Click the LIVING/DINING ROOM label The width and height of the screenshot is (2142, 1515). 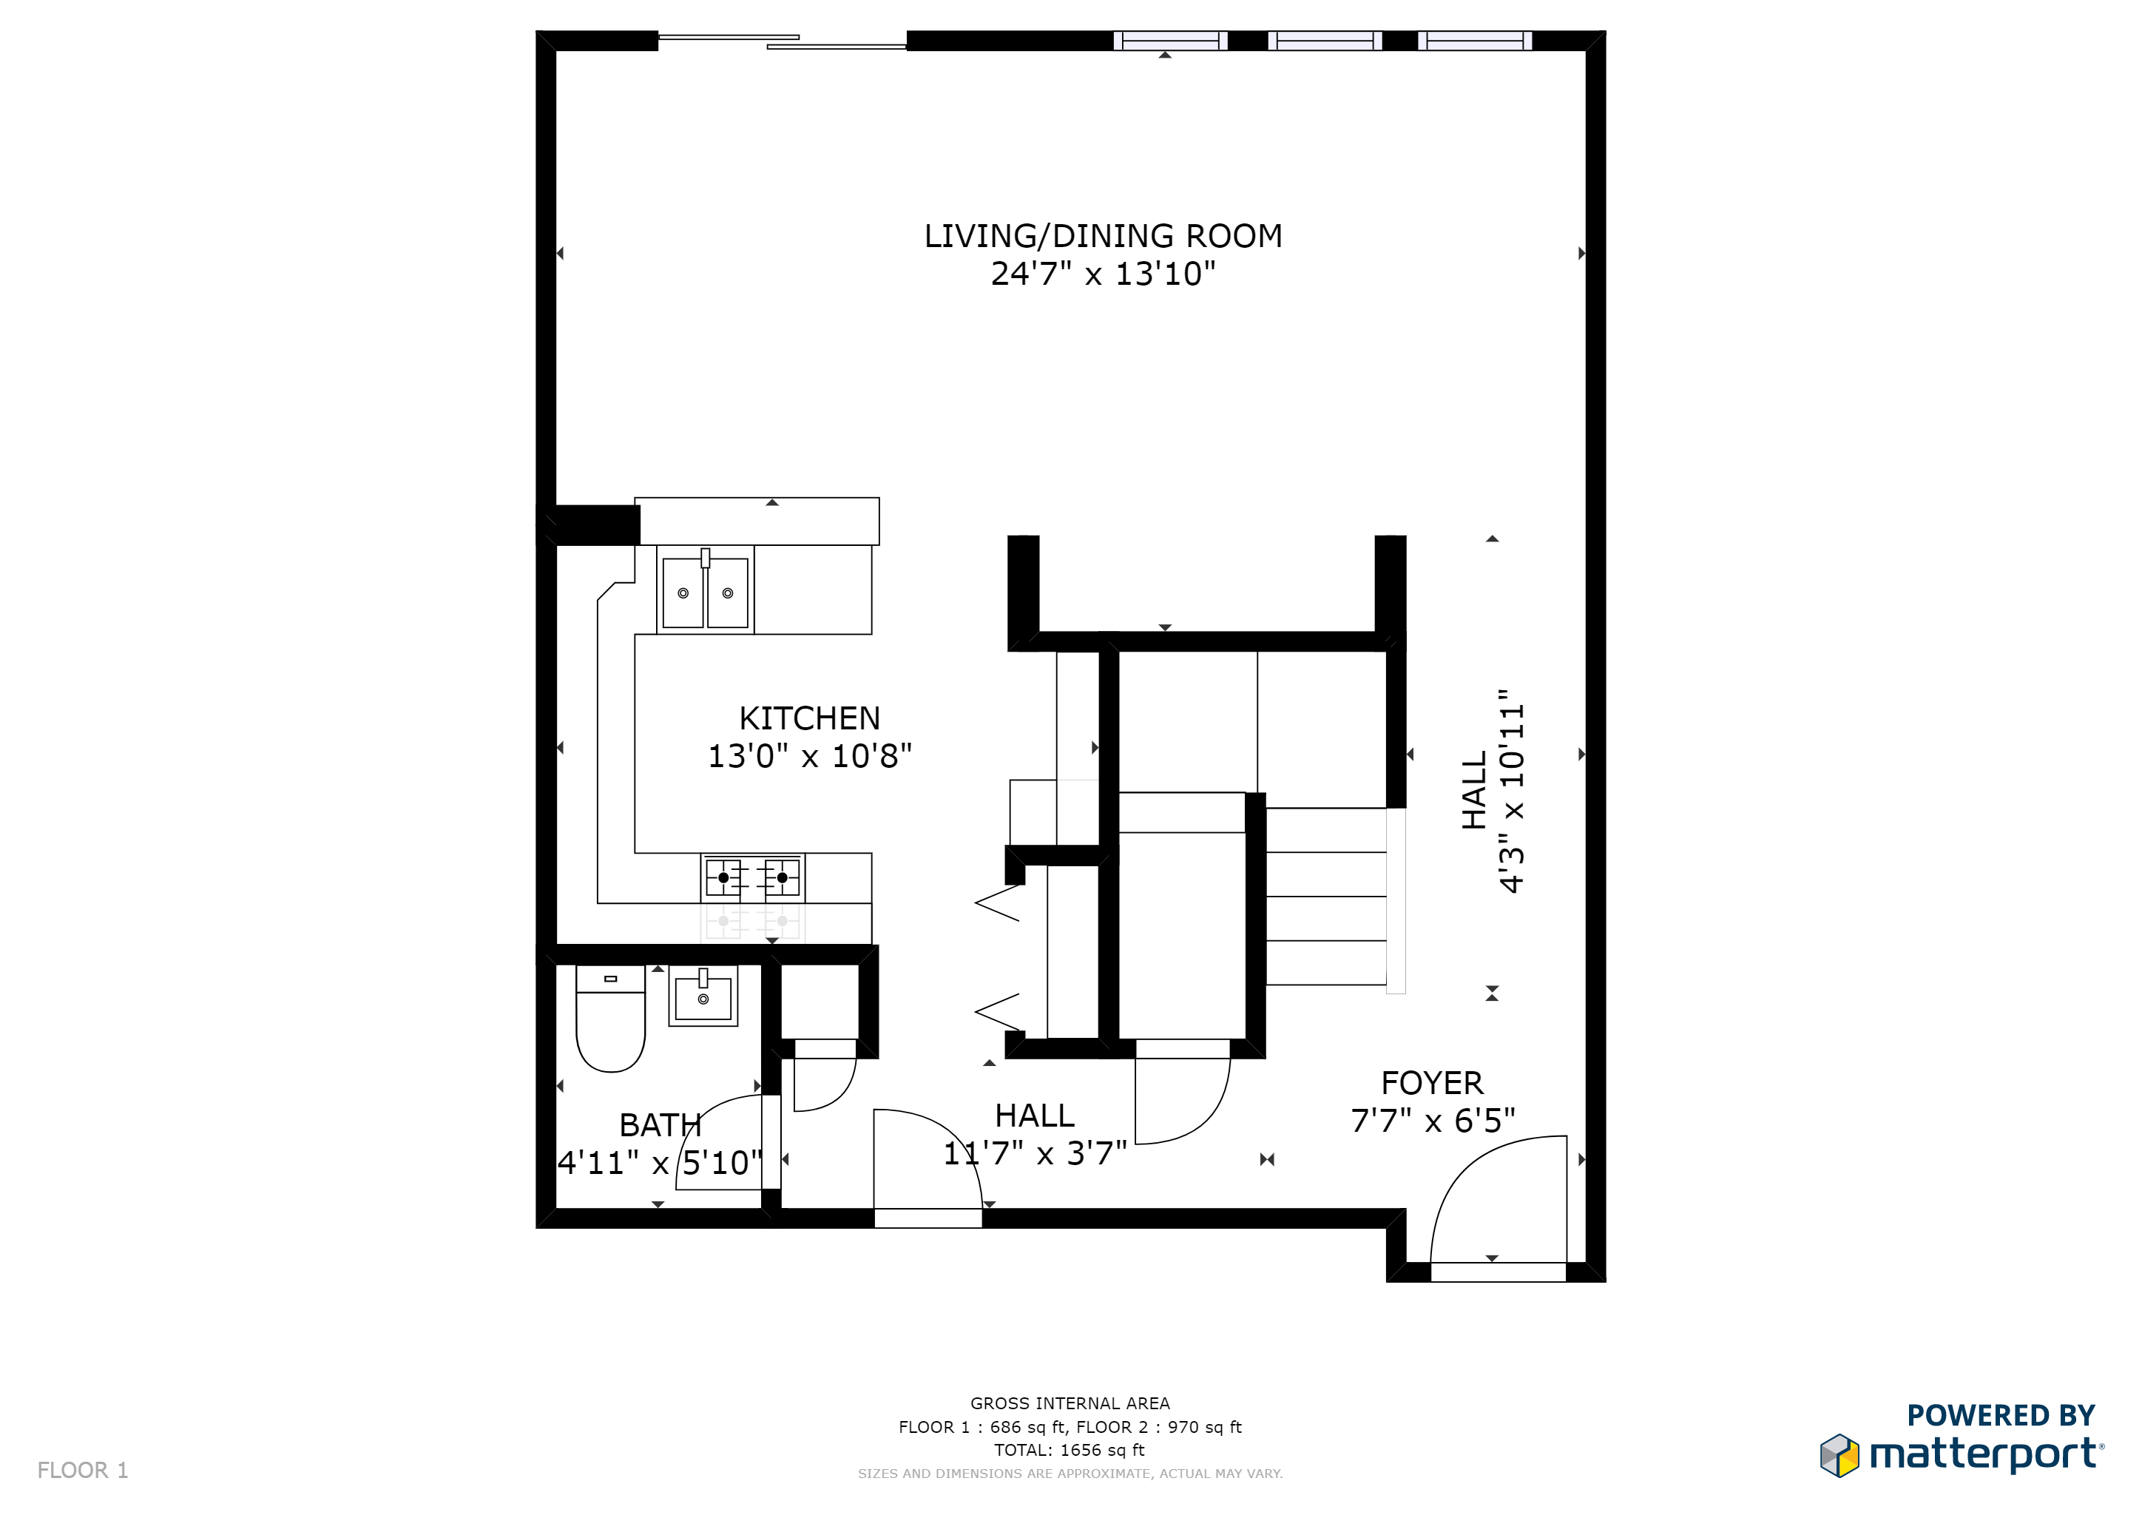1103,236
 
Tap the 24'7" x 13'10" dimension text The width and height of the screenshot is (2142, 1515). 1103,273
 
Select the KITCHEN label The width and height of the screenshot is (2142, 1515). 809,718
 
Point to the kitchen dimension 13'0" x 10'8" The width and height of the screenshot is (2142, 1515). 809,755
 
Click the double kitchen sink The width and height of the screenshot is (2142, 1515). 706,590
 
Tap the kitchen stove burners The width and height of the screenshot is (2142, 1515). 753,878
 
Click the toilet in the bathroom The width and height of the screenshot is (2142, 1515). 610,1019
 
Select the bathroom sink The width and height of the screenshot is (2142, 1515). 703,996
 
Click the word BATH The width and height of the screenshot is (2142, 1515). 660,1125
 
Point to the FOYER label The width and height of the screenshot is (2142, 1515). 1432,1083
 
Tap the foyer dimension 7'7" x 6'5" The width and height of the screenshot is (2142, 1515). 1432,1121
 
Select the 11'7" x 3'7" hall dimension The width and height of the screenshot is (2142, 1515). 1035,1153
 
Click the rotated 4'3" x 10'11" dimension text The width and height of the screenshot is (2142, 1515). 1510,790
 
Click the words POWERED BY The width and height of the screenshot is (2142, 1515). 2001,1415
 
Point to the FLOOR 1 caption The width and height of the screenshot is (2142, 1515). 82,1470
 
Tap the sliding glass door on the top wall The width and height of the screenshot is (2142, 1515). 782,41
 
